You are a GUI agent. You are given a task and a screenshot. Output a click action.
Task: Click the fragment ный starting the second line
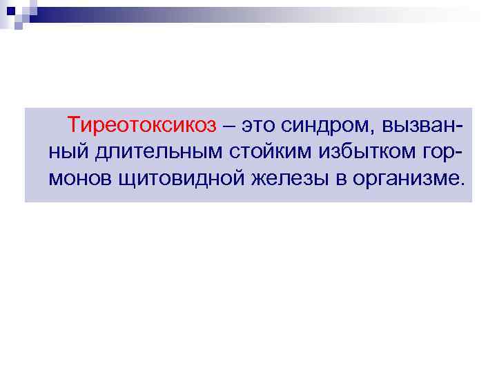[x=66, y=153]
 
